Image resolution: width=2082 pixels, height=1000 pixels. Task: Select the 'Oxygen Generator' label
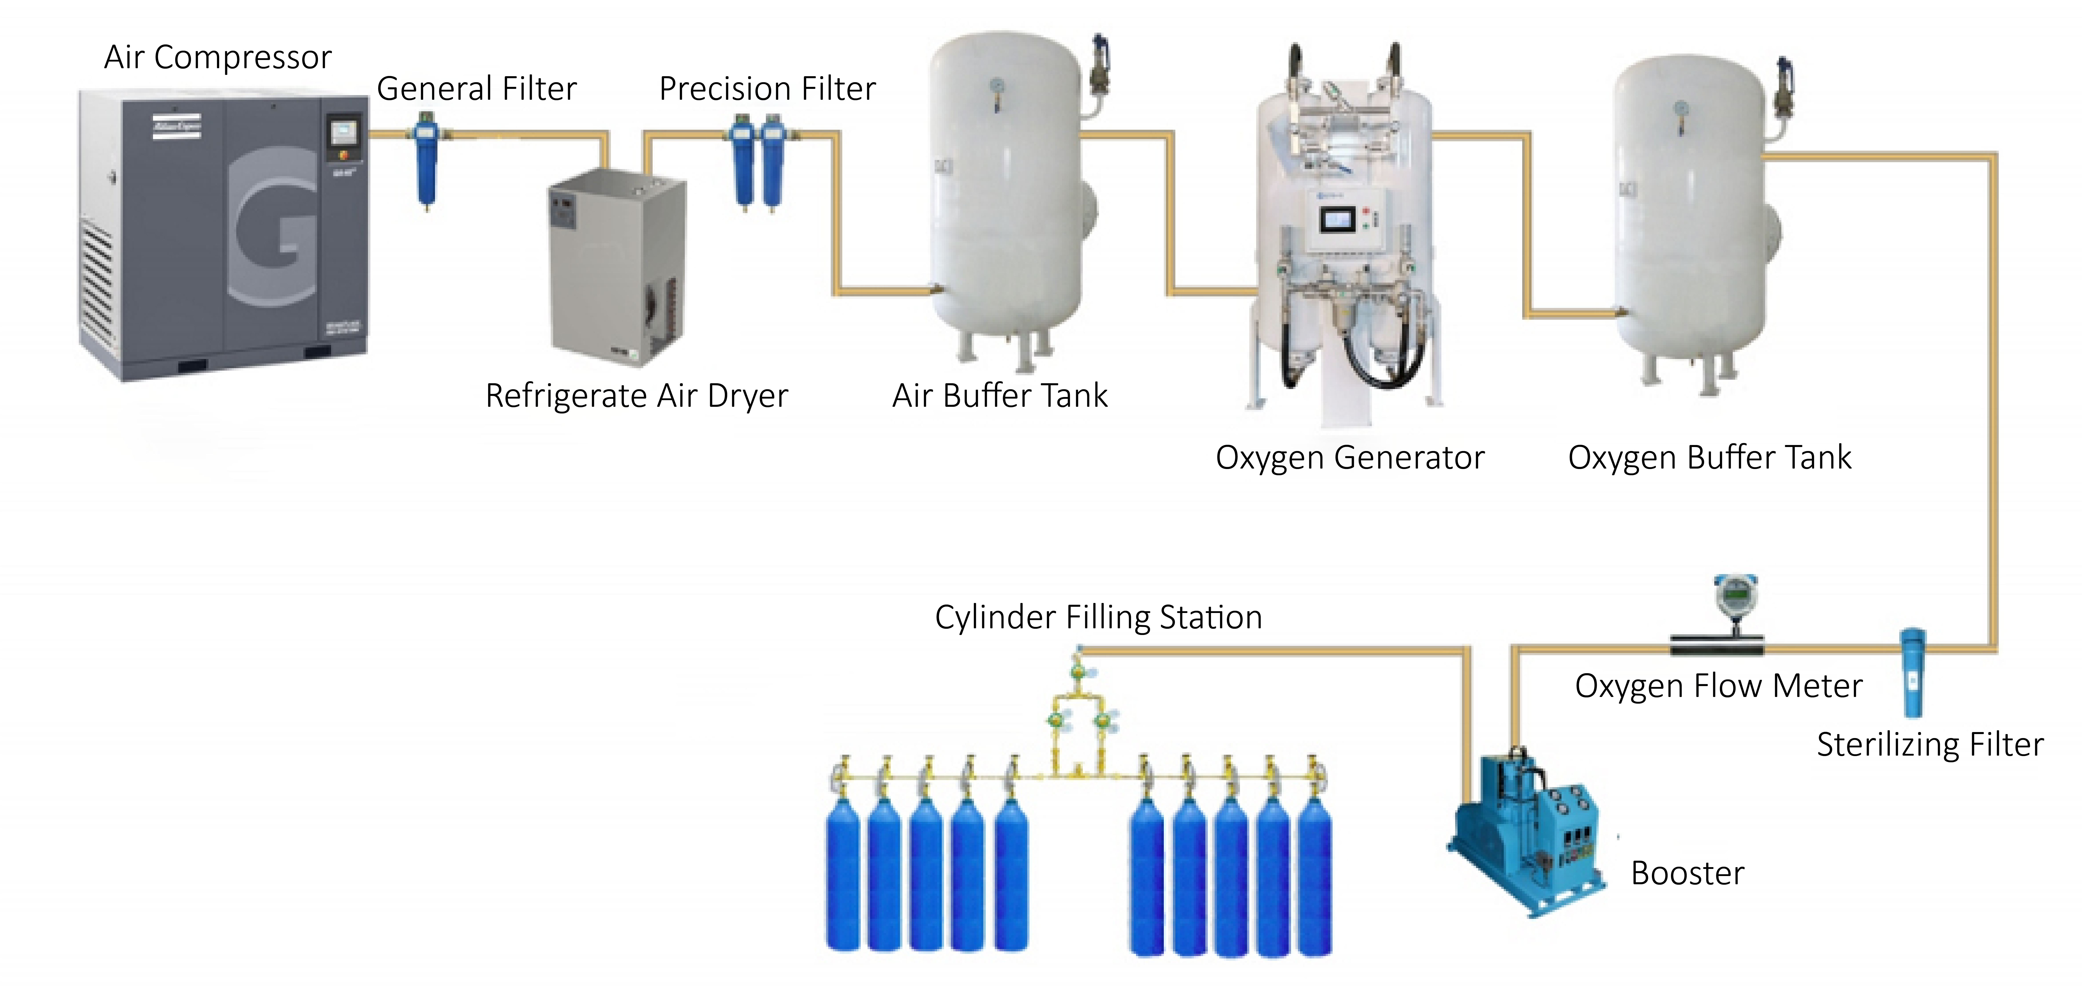pos(1350,457)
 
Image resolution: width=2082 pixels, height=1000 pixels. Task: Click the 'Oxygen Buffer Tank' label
pos(1709,457)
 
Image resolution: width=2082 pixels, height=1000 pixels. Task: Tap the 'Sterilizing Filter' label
pos(1930,745)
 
